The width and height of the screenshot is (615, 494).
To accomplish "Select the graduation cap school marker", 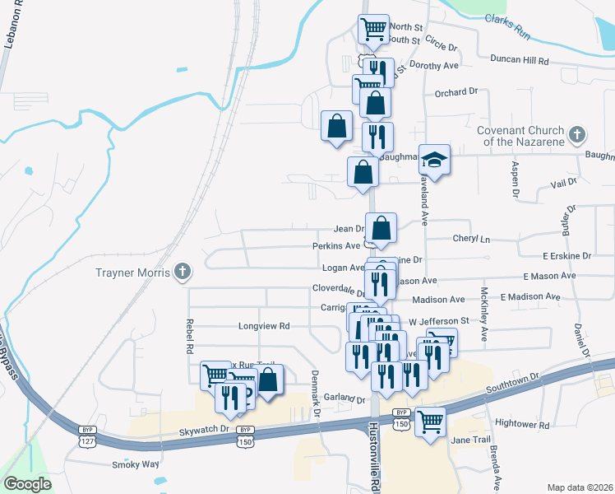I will [x=435, y=159].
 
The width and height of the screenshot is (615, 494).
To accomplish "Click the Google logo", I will [x=27, y=483].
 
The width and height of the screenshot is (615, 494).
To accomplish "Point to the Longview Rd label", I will [x=264, y=326].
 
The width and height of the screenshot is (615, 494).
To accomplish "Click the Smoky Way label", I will [x=135, y=464].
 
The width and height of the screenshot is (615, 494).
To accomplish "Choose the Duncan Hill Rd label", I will [x=519, y=59].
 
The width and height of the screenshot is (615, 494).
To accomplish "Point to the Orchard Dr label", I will [x=456, y=92].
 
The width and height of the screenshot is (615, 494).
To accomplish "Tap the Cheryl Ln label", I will [x=471, y=239].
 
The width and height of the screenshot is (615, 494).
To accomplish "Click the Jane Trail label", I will [x=471, y=440].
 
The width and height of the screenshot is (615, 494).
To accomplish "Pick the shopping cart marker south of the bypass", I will [x=430, y=422].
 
